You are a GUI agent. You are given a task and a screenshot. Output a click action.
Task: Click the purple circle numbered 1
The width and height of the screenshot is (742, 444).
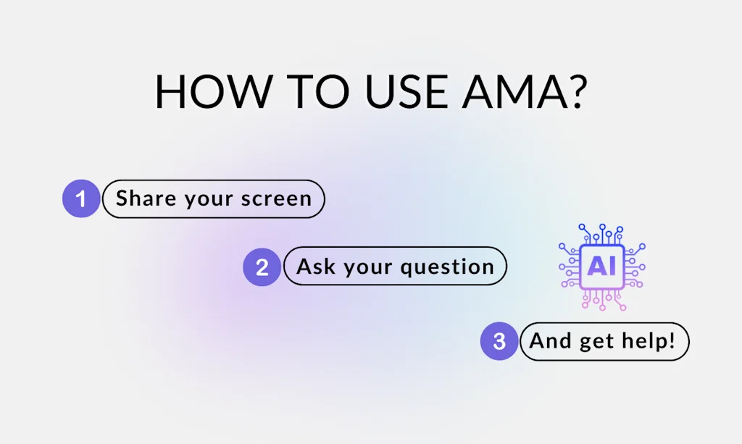click(x=81, y=198)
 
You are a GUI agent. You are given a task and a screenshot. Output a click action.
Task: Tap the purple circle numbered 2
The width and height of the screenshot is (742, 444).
click(x=262, y=267)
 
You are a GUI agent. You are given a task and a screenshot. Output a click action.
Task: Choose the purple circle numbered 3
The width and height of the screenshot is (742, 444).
click(x=499, y=341)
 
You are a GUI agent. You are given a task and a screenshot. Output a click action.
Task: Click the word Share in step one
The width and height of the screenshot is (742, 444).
click(x=141, y=198)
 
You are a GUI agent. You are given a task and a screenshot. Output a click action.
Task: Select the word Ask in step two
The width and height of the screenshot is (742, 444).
click(x=316, y=267)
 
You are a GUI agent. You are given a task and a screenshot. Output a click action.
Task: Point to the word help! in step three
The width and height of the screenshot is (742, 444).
click(x=649, y=340)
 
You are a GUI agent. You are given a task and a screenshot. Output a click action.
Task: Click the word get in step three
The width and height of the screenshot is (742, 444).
click(x=599, y=342)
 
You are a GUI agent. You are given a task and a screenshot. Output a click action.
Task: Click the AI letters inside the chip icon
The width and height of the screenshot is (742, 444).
click(x=601, y=267)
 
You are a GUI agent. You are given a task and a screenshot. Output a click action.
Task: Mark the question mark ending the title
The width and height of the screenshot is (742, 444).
click(x=575, y=91)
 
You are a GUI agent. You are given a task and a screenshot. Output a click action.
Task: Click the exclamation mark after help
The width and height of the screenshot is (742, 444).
click(x=671, y=340)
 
